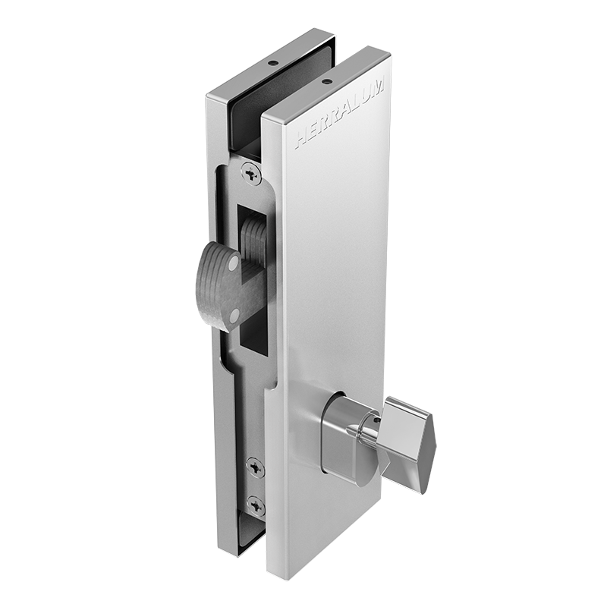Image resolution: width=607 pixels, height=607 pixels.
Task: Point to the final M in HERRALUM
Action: click(379, 83)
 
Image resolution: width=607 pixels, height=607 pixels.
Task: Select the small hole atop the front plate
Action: click(327, 82)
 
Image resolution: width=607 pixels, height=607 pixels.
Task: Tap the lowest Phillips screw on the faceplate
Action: click(256, 505)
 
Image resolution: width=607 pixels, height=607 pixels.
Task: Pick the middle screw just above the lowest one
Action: click(255, 467)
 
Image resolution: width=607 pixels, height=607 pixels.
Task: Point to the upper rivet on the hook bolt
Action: click(234, 264)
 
